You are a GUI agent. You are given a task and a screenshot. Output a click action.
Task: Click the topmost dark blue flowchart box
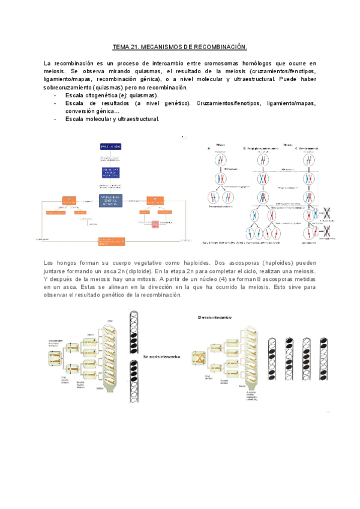pyautogui.click(x=113, y=146)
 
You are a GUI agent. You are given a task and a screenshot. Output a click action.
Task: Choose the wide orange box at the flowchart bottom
pyautogui.click(x=113, y=241)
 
